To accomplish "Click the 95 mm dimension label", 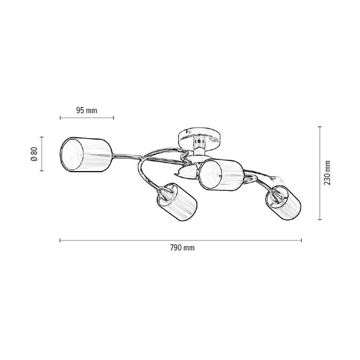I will [87, 110].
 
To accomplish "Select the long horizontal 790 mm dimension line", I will [180, 241].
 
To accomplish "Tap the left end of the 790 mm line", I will [60, 241].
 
